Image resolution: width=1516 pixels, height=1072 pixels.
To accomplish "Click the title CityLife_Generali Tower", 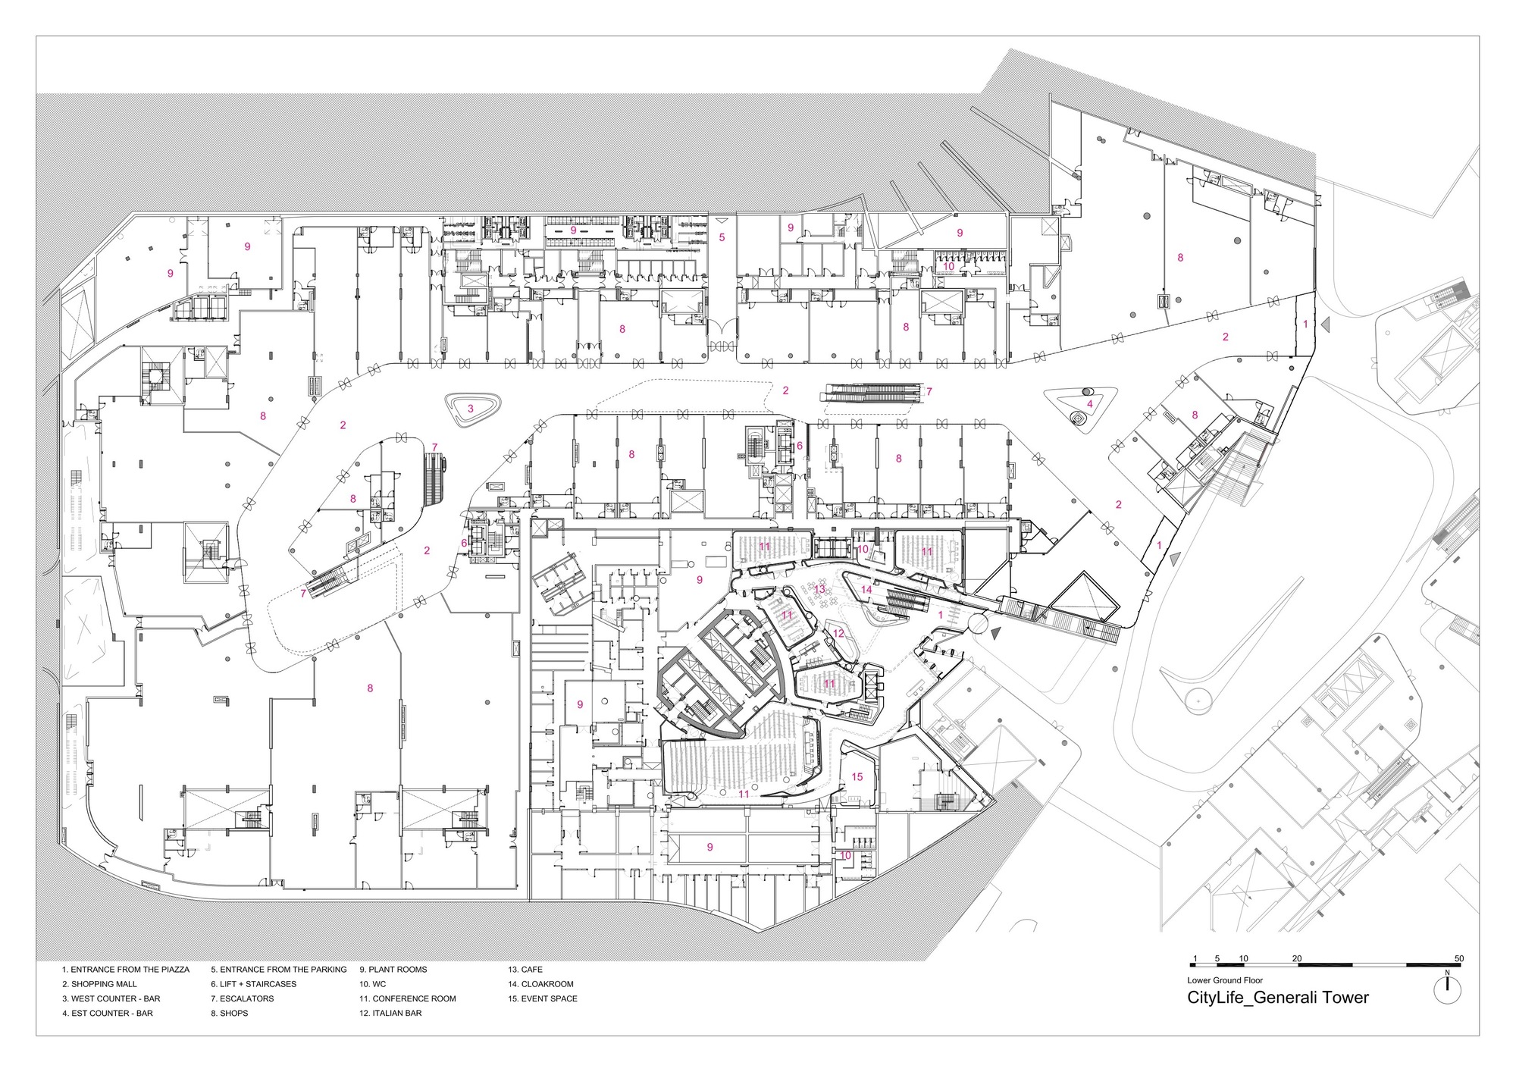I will coord(1277,998).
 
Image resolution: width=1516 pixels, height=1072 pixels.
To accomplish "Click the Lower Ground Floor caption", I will coord(1225,980).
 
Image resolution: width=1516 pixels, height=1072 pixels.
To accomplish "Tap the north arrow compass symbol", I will coord(1448,989).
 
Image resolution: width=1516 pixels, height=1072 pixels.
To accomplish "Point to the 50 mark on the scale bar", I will coord(1459,958).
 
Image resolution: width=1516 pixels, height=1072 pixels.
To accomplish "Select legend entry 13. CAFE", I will coord(525,970).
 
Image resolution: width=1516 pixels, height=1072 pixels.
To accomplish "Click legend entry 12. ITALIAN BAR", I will coord(390,1013).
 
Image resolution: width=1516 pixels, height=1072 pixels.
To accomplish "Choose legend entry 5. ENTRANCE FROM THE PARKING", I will coord(278,970).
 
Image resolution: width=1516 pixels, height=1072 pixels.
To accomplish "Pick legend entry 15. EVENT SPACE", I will coord(543,998).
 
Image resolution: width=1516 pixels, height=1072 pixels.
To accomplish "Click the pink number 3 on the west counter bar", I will coord(470,409).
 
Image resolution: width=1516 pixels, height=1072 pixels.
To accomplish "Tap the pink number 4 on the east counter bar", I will coord(1090,404).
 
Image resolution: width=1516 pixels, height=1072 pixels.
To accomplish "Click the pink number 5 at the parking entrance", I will coord(722,237).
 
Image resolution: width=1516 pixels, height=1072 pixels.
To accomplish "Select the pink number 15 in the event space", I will coord(857,776).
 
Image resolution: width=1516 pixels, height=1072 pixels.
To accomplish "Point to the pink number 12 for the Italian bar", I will coord(838,633).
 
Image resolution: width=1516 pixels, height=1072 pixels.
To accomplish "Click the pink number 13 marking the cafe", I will coord(819,589).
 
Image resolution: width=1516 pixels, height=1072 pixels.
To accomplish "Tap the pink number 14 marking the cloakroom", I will coord(866,589).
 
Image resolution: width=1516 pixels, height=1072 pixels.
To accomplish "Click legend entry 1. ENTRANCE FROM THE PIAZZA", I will coord(126,970).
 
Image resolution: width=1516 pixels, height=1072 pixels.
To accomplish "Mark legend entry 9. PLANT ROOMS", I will coord(393,970).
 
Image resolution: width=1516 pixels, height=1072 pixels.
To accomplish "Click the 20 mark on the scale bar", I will coord(1297,958).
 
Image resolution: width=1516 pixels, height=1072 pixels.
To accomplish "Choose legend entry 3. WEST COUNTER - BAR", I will coord(111,998).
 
